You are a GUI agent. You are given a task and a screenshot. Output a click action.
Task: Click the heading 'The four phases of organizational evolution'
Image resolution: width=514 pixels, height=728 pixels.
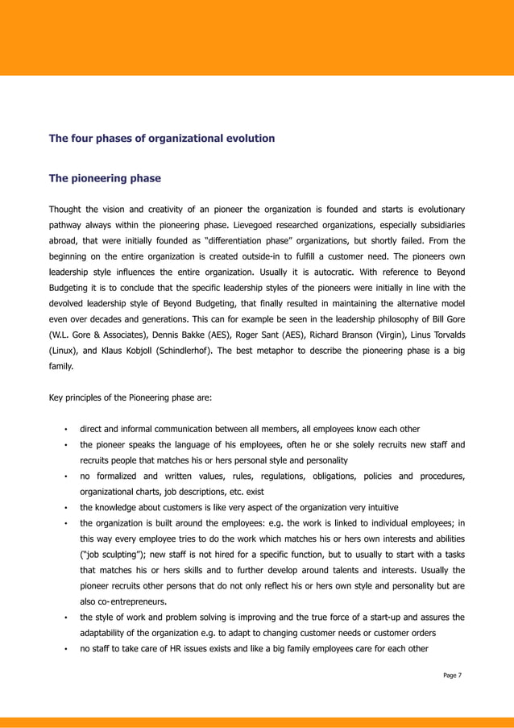(162, 139)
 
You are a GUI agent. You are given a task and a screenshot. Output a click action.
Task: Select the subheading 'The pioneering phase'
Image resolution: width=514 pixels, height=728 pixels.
(105, 178)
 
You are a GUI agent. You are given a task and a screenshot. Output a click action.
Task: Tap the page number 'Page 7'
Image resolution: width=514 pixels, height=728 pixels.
(453, 675)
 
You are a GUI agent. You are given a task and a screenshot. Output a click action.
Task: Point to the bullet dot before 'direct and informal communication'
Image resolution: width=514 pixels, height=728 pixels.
(64, 429)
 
